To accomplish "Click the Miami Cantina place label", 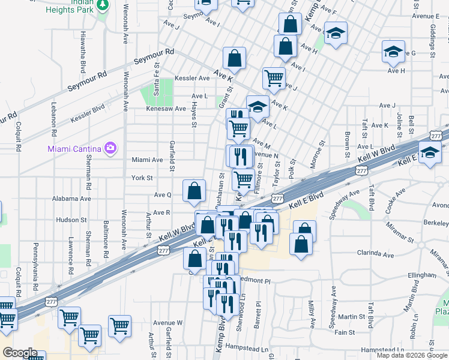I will tap(74, 148).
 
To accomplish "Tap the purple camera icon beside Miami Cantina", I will tap(110, 148).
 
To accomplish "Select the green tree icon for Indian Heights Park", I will tap(103, 4).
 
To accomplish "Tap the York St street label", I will tap(142, 178).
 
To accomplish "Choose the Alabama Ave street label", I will tap(71, 198).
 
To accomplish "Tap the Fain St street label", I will tap(345, 332).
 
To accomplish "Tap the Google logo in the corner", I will tap(20, 353).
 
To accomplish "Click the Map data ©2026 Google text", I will tap(411, 355).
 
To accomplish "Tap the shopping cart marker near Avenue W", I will tap(120, 326).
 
